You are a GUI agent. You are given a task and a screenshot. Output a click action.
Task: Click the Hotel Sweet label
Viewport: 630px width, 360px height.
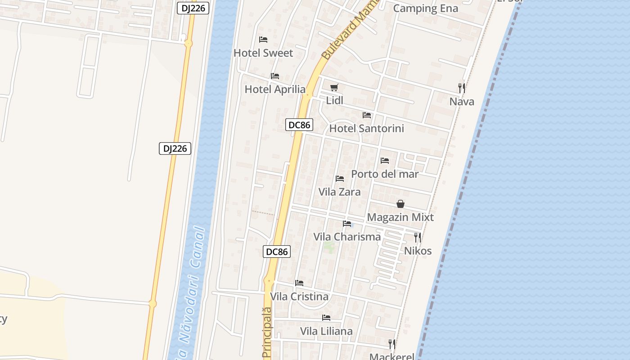(x=263, y=53)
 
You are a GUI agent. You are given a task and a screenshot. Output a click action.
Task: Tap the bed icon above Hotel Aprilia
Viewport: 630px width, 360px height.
(x=275, y=76)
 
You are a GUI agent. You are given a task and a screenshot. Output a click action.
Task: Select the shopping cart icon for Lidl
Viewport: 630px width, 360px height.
(x=334, y=87)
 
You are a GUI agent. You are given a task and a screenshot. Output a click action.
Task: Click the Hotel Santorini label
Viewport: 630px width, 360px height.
(x=367, y=129)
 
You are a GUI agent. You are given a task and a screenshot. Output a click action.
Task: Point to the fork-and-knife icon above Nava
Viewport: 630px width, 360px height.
(x=462, y=88)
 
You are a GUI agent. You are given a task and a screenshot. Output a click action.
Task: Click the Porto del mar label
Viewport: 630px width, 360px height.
(x=385, y=174)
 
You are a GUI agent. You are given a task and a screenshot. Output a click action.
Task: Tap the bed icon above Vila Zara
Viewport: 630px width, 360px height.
(x=340, y=179)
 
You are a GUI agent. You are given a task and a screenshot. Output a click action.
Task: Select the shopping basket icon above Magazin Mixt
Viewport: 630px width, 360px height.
(x=400, y=204)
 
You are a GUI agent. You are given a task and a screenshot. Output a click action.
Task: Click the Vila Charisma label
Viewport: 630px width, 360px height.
(x=347, y=237)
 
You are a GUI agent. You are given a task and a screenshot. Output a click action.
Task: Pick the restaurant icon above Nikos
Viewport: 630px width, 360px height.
(x=418, y=237)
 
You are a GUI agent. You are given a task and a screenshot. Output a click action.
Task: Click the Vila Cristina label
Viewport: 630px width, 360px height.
(x=299, y=297)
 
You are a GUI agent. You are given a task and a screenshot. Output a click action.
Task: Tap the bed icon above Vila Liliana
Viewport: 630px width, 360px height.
(x=326, y=318)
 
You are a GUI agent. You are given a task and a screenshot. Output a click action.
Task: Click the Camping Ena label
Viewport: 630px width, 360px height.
(x=426, y=9)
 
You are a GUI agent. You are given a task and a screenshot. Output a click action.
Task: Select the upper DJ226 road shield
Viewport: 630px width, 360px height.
(x=193, y=8)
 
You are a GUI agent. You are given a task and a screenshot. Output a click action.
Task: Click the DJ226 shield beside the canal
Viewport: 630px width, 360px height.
(x=175, y=148)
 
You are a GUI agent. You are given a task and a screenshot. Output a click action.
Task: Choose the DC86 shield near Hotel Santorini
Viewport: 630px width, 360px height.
(x=299, y=125)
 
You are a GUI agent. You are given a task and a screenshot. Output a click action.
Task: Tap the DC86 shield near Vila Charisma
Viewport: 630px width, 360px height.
(x=277, y=252)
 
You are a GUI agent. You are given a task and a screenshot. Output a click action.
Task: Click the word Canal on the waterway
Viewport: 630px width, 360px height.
(x=198, y=248)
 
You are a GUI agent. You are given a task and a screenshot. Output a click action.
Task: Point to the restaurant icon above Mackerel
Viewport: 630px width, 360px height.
(x=392, y=344)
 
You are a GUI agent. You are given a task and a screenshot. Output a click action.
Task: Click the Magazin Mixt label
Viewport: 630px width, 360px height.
(x=400, y=217)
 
